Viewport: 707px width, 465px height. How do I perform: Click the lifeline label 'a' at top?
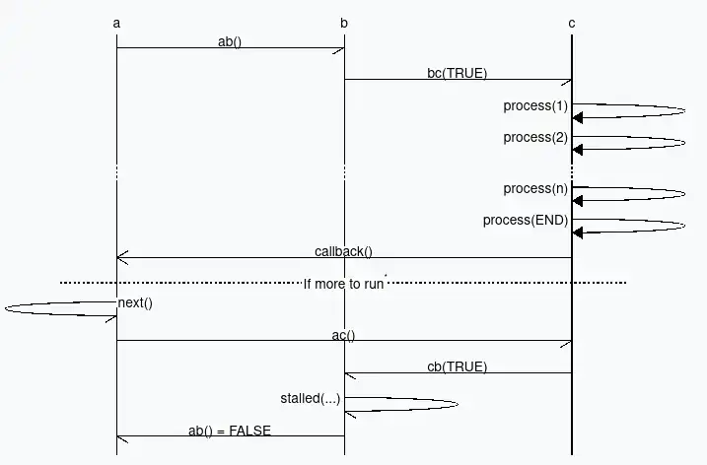(x=117, y=23)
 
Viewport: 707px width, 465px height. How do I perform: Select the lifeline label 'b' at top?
(x=344, y=23)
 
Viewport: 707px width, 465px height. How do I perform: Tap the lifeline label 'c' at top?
(x=571, y=23)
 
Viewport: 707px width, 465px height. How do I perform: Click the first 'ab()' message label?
(x=230, y=41)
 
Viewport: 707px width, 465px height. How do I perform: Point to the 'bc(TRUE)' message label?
(x=458, y=73)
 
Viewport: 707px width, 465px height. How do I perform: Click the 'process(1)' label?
(x=535, y=105)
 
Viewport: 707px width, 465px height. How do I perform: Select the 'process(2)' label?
(x=535, y=137)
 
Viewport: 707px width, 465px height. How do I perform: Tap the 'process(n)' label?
(x=535, y=188)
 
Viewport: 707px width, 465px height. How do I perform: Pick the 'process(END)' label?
(x=526, y=220)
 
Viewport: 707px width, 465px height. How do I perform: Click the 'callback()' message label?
(x=343, y=251)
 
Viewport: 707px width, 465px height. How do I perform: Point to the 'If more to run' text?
(x=343, y=283)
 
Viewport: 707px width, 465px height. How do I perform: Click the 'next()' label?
(x=135, y=302)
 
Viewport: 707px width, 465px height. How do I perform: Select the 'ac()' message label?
(x=343, y=335)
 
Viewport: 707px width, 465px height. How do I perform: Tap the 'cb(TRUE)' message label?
(x=458, y=366)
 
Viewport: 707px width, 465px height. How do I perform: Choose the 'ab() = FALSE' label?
(x=230, y=430)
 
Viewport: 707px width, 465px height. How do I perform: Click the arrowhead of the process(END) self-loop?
(x=577, y=232)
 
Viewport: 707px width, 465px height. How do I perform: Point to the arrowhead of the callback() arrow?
(x=121, y=258)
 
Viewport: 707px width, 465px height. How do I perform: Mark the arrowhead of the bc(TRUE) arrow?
(x=567, y=80)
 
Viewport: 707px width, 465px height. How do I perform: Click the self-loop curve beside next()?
(x=10, y=308)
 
